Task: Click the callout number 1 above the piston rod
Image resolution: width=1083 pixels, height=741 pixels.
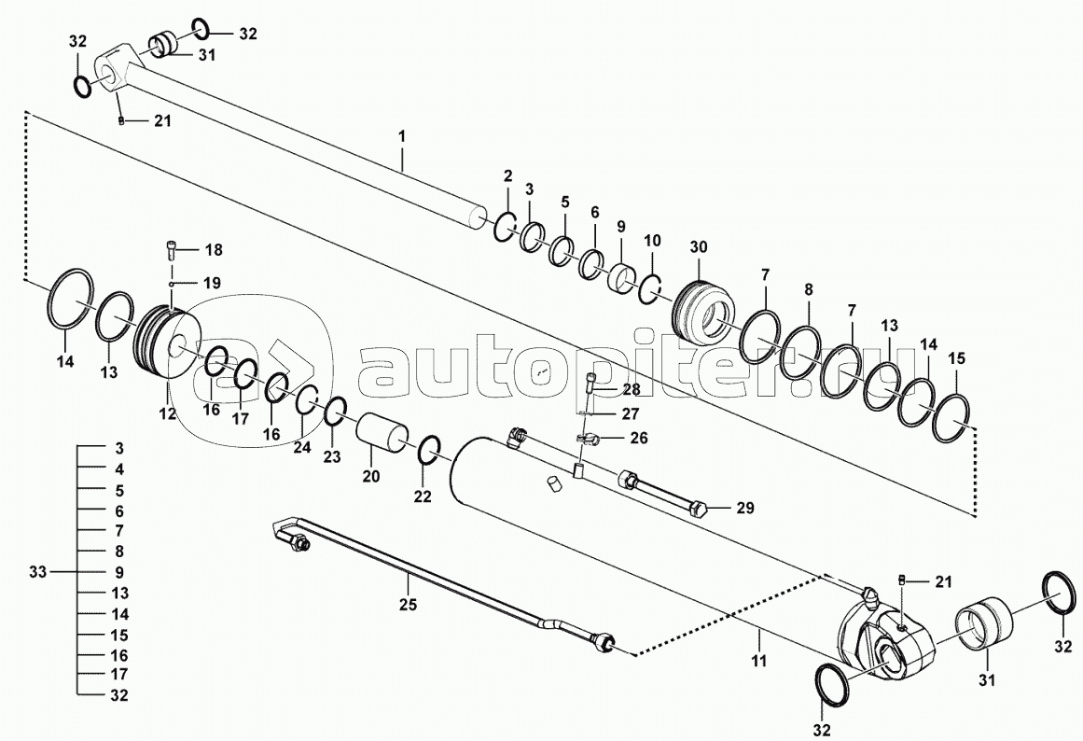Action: click(402, 136)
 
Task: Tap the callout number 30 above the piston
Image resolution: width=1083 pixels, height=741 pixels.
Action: click(700, 246)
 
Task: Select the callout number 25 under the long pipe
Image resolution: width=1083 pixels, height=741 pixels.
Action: click(407, 604)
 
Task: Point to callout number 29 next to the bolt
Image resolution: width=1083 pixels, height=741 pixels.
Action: click(744, 508)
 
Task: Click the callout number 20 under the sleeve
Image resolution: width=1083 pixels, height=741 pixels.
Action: click(371, 476)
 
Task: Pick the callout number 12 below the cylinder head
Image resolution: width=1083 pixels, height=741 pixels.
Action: click(167, 413)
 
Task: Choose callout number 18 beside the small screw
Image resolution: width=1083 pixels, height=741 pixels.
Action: click(214, 250)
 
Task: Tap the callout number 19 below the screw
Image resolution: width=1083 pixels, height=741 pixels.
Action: click(213, 282)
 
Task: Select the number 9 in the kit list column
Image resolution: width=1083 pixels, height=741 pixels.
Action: click(119, 571)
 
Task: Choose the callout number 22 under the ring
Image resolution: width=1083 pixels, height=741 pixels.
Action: click(423, 496)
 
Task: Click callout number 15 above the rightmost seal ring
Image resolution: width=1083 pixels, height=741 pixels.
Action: click(957, 358)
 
